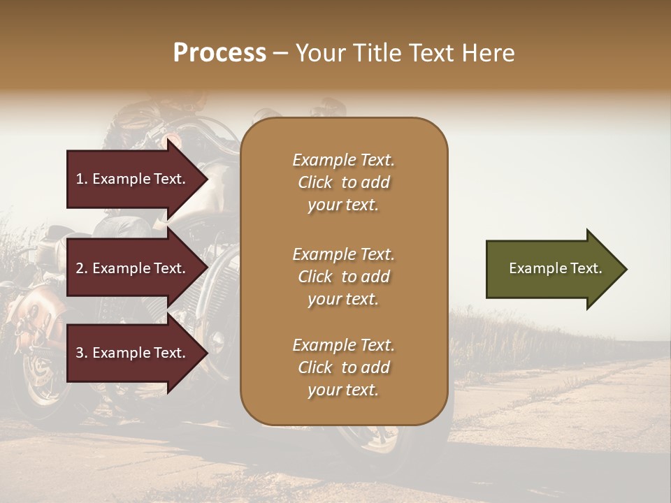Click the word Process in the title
[219, 53]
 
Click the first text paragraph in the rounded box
[343, 182]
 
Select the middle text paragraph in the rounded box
[343, 277]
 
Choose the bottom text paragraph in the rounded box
[343, 367]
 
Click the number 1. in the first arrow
[82, 179]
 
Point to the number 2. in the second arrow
[82, 268]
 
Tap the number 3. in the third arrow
[82, 353]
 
